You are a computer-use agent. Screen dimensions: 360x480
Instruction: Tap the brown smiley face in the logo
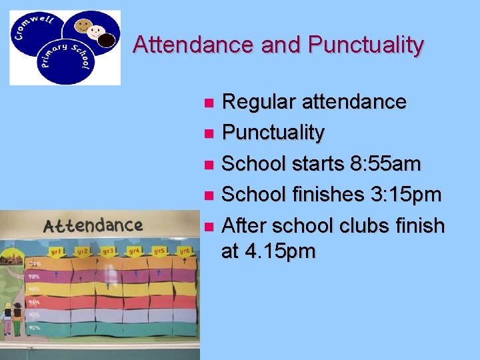[x=83, y=27]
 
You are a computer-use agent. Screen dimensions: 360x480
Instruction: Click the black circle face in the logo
[x=107, y=41]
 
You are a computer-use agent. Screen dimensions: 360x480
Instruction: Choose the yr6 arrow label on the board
[x=183, y=251]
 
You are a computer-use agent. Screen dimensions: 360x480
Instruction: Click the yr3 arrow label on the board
[x=108, y=251]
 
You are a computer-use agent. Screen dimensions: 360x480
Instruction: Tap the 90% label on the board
[x=34, y=327]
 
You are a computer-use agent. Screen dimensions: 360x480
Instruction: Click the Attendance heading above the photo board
[x=93, y=225]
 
